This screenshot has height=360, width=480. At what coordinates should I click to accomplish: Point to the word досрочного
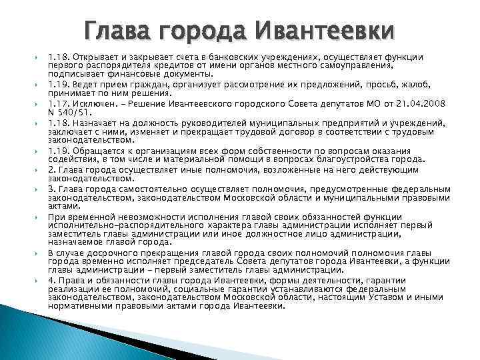coord(109,254)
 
